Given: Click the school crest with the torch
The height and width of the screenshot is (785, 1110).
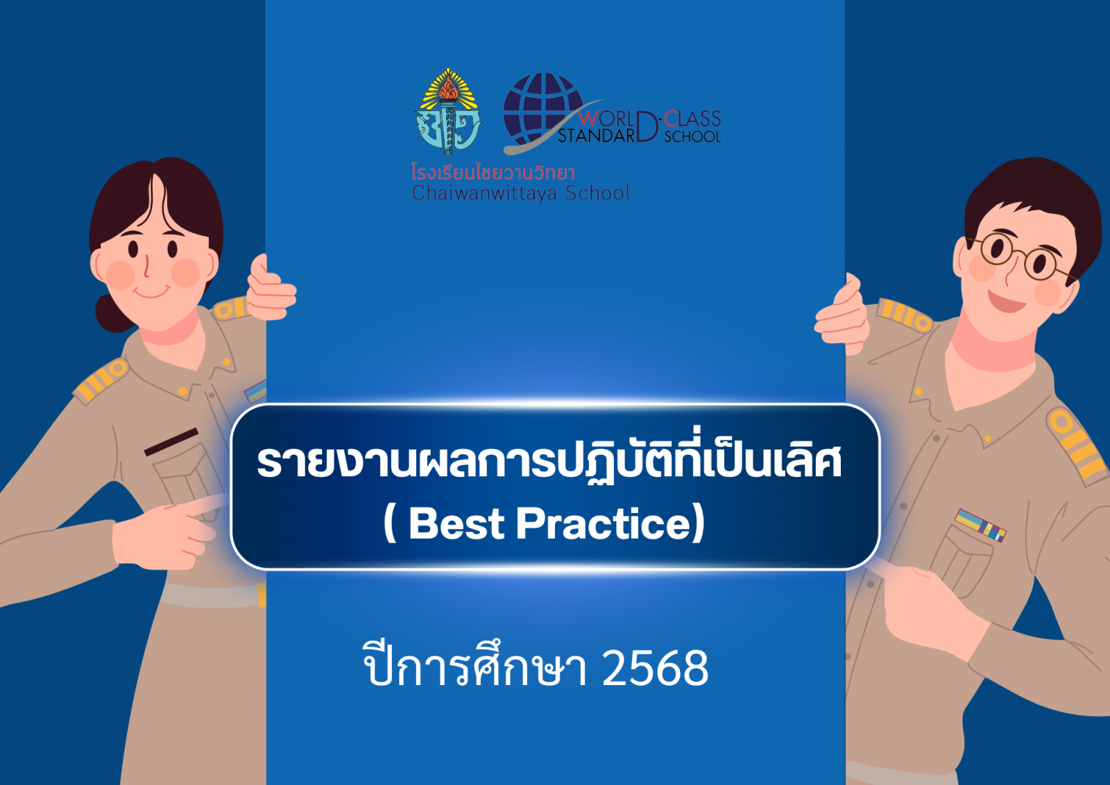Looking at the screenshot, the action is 447,112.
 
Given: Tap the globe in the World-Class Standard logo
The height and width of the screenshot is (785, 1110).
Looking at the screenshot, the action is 543,108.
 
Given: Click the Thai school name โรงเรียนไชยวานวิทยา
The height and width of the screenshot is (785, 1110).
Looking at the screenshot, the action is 493,173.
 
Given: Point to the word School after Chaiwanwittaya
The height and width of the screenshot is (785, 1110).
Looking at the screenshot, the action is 597,193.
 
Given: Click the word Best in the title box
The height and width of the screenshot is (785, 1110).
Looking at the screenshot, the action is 456,524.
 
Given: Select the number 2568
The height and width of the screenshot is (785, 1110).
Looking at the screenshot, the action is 655,669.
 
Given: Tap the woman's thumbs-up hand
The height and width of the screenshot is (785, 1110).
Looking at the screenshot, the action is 271,289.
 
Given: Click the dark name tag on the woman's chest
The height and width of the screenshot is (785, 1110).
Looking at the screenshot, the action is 171,442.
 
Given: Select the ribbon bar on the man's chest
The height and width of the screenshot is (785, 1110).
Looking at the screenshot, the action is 980,525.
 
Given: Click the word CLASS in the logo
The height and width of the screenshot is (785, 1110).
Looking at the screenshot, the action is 692,119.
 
